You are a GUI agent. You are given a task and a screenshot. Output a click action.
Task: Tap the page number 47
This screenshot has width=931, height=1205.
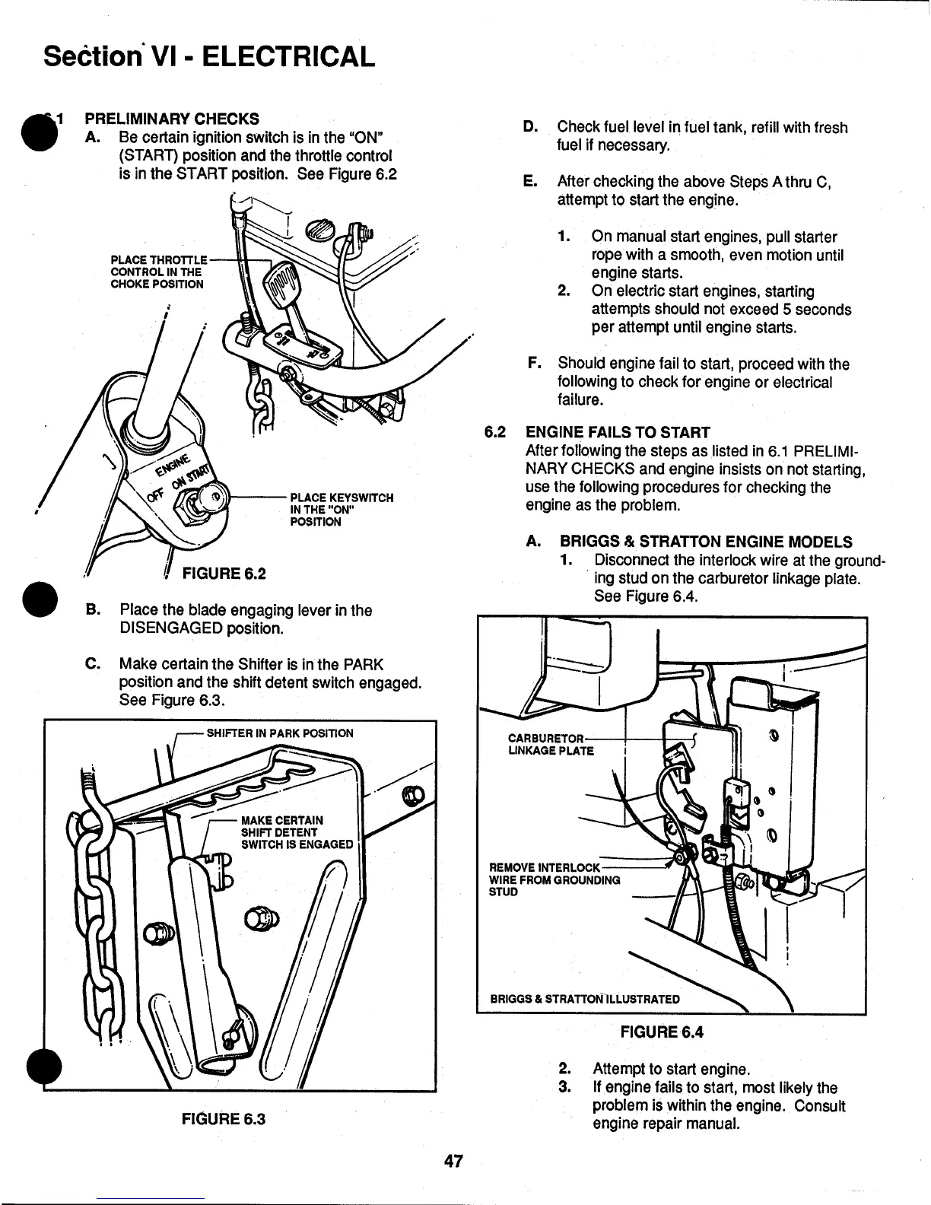point(454,1162)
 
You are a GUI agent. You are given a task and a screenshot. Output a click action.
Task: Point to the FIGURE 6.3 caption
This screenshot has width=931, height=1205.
point(224,1119)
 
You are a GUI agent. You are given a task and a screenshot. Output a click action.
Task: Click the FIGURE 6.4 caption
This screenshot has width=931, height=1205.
point(662,1032)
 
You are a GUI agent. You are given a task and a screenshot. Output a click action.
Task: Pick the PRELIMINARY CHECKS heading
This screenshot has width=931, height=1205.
point(171,119)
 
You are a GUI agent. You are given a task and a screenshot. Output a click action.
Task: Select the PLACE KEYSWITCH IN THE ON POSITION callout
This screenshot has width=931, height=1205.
point(342,510)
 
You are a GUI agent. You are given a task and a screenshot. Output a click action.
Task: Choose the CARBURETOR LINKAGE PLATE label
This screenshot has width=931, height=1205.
point(549,745)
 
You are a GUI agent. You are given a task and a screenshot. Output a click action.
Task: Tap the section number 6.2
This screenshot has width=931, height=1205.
point(496,433)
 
